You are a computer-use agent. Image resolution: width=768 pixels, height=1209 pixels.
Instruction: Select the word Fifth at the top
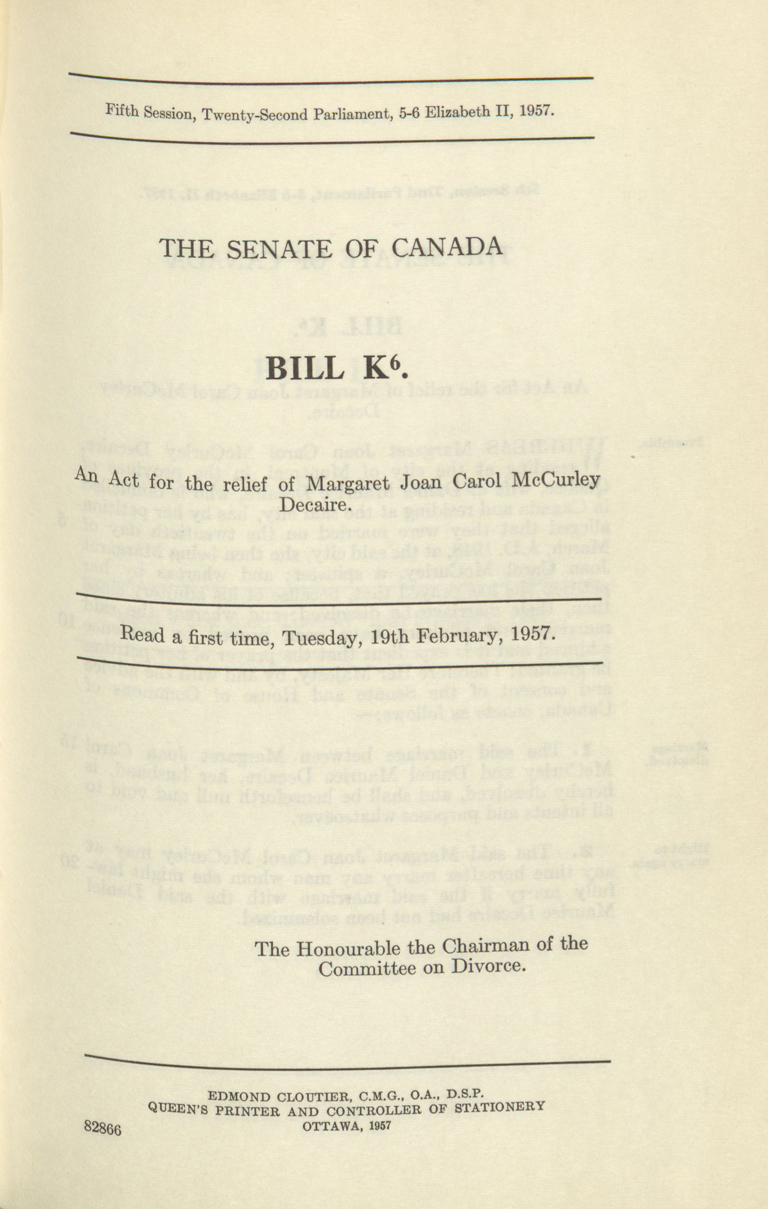click(121, 111)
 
